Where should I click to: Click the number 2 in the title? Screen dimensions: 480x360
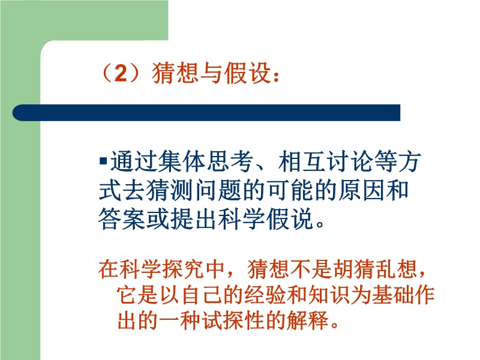121,73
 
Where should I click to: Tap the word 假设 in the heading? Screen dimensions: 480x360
248,73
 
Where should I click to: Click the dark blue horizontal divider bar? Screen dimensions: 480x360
206,113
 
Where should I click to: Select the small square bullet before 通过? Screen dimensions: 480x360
103,160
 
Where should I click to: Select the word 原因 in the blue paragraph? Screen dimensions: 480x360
362,190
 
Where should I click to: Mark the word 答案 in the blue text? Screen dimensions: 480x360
122,218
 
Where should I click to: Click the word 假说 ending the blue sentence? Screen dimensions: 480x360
290,218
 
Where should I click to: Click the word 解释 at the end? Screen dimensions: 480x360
307,320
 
